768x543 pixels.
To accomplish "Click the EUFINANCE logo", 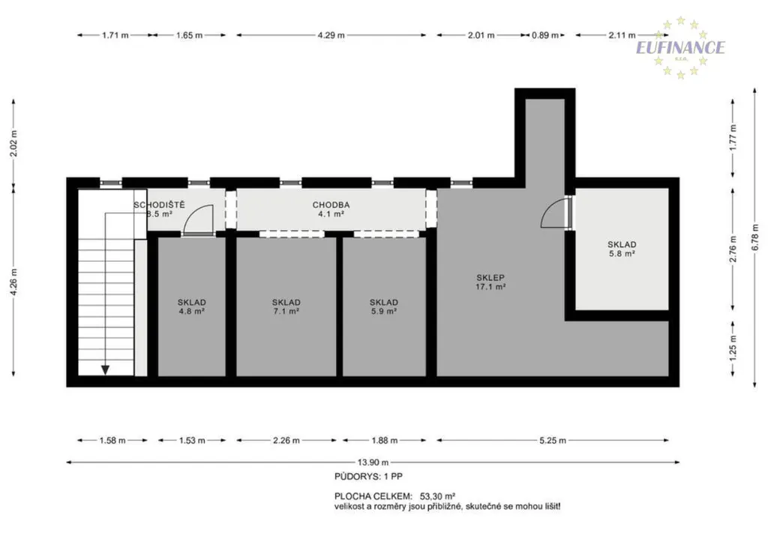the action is click(680, 47).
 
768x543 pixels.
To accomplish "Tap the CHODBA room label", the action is click(331, 205).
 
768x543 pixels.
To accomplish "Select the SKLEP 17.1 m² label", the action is click(490, 282).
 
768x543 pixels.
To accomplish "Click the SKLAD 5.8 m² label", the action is click(622, 249).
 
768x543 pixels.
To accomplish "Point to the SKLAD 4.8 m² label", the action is click(191, 307).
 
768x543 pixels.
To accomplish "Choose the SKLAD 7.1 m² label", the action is click(286, 307).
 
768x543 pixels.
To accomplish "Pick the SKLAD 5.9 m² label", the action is click(383, 307).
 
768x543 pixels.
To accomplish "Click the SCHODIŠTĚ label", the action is click(160, 205).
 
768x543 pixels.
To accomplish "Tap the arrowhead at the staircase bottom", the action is click(105, 370).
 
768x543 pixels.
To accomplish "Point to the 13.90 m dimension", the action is click(373, 462).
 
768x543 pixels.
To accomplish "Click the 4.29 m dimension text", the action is click(331, 35).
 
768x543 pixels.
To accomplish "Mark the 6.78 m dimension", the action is click(754, 238).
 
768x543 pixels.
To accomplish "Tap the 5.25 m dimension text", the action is click(553, 441).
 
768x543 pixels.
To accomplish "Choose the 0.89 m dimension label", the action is click(545, 35).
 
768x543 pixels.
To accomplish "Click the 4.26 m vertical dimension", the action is click(13, 282).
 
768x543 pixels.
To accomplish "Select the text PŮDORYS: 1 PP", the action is click(369, 476).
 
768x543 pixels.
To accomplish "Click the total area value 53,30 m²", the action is click(438, 496).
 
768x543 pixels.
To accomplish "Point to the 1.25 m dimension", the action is click(733, 349).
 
